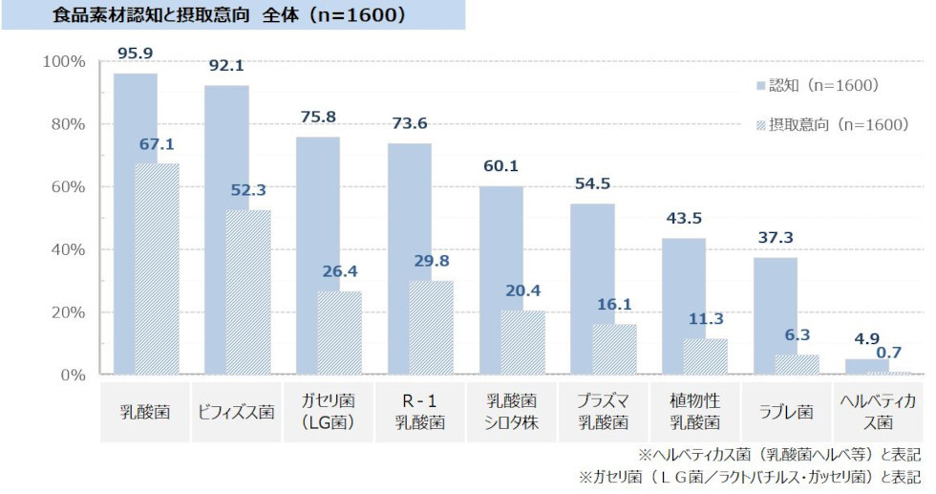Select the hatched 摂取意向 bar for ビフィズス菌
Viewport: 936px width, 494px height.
tap(248, 291)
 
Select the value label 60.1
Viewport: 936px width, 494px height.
tap(500, 166)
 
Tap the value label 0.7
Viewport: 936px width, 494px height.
tap(888, 353)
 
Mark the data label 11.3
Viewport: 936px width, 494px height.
tap(706, 319)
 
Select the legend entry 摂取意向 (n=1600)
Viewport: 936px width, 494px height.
tap(831, 124)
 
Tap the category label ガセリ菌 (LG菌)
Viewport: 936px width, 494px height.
tap(328, 413)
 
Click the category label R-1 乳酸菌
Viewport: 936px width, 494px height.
tap(419, 413)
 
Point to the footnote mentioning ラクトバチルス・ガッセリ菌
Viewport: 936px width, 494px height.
tap(750, 475)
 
